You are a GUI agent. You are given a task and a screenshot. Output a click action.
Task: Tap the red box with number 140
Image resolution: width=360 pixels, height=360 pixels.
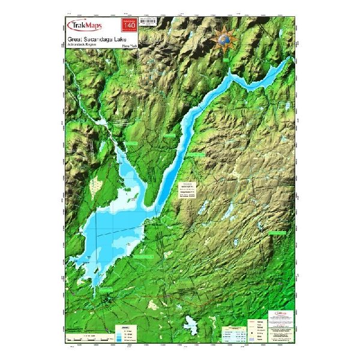129,25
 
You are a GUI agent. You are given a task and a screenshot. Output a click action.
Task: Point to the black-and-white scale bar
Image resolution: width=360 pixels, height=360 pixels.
90,340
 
